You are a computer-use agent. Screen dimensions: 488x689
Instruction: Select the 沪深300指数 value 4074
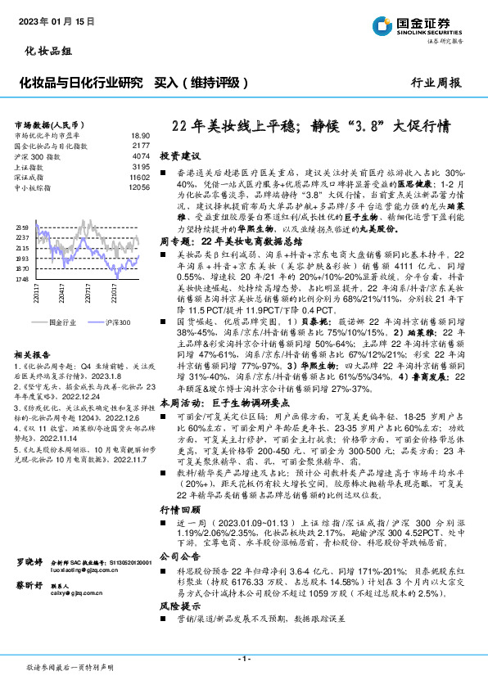(140, 155)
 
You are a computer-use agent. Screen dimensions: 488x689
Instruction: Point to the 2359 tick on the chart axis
(22, 227)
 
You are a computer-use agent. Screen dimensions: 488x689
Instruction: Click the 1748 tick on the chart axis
(22, 279)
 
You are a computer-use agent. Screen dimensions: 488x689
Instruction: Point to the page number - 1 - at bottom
(243, 659)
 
